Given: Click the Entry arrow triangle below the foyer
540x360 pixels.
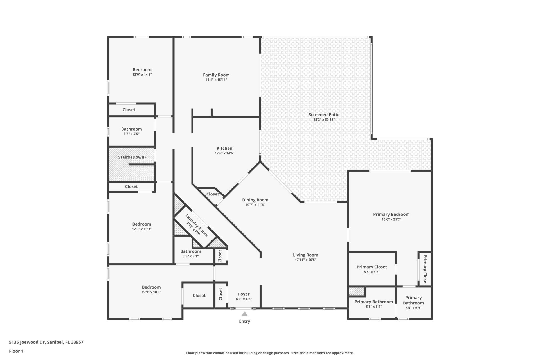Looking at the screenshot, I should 244,314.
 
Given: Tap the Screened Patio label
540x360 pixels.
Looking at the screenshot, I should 324,114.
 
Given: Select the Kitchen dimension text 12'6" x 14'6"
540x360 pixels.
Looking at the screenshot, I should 224,153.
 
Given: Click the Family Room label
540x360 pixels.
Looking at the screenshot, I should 216,75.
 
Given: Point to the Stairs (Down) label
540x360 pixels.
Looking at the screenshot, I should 132,157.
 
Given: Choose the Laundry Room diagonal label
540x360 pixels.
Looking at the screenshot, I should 196,225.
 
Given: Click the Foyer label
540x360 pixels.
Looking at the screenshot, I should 244,294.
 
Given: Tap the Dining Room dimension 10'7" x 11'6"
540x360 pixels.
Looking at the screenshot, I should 255,205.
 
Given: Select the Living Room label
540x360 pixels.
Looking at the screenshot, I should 305,255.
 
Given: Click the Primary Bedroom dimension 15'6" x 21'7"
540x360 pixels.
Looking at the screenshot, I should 391,219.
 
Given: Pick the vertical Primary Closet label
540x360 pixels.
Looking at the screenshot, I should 425,269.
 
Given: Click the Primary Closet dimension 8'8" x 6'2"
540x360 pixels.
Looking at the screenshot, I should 372,272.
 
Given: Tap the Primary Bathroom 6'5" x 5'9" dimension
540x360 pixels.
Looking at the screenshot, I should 413,308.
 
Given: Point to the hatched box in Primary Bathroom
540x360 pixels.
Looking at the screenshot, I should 357,291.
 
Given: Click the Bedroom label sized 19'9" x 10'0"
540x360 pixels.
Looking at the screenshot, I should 151,287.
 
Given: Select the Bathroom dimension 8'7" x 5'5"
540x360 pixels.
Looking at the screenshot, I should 131,134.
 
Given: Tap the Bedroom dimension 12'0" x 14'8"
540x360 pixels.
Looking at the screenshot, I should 142,75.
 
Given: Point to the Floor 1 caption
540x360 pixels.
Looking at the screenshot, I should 16,351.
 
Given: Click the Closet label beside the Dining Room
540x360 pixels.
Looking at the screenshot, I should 212,194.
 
